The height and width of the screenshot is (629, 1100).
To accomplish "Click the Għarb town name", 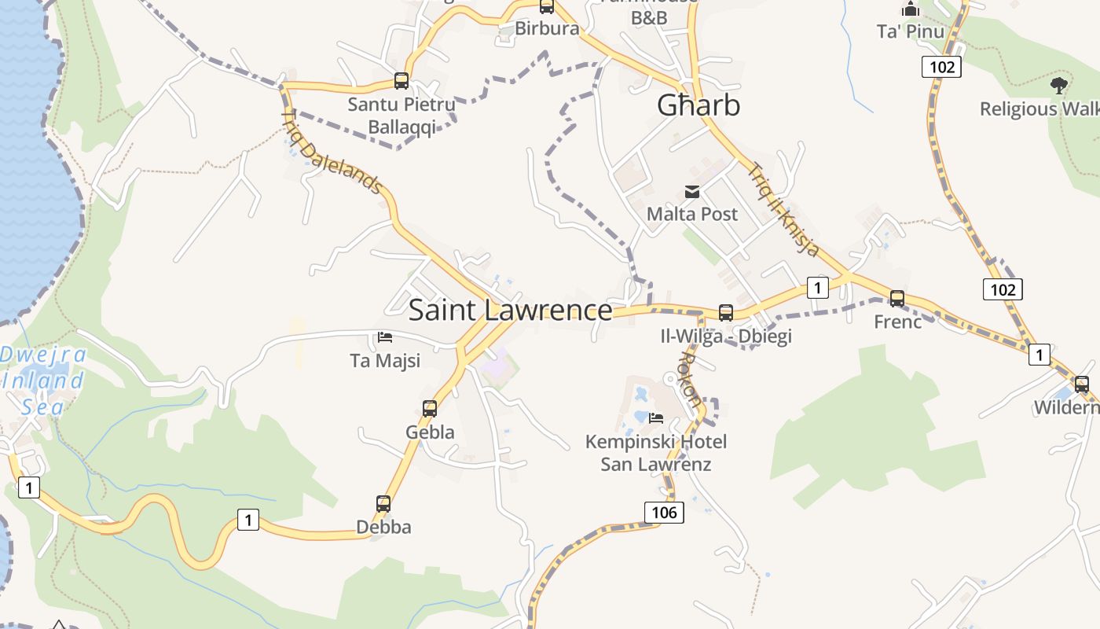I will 698,105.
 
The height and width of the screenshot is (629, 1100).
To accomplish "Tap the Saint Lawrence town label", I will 510,311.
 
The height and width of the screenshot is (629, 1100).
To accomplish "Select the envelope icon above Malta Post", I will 692,191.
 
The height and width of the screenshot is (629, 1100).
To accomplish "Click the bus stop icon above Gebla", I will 430,409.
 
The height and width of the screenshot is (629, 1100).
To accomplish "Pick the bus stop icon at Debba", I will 383,504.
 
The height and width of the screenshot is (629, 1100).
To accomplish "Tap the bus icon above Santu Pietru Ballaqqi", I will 401,81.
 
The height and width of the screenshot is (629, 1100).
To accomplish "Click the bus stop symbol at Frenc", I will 897,299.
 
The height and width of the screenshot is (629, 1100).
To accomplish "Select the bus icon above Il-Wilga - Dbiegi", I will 726,312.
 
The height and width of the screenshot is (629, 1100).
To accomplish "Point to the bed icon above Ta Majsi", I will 385,337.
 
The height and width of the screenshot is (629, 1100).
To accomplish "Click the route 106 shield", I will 664,513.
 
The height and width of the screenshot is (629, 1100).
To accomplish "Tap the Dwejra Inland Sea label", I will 42,381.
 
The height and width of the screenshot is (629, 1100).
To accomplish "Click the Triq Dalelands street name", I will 332,152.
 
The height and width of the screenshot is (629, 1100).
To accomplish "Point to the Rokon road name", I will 689,379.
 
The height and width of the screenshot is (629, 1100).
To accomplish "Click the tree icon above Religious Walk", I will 1059,83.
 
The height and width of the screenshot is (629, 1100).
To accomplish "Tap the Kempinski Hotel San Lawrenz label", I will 656,453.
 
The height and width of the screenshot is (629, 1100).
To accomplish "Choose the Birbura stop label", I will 547,29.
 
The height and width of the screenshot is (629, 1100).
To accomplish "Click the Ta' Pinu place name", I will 911,31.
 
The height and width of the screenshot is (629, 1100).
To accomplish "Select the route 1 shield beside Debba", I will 248,520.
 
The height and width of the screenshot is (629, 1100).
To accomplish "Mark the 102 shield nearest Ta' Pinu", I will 942,67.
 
